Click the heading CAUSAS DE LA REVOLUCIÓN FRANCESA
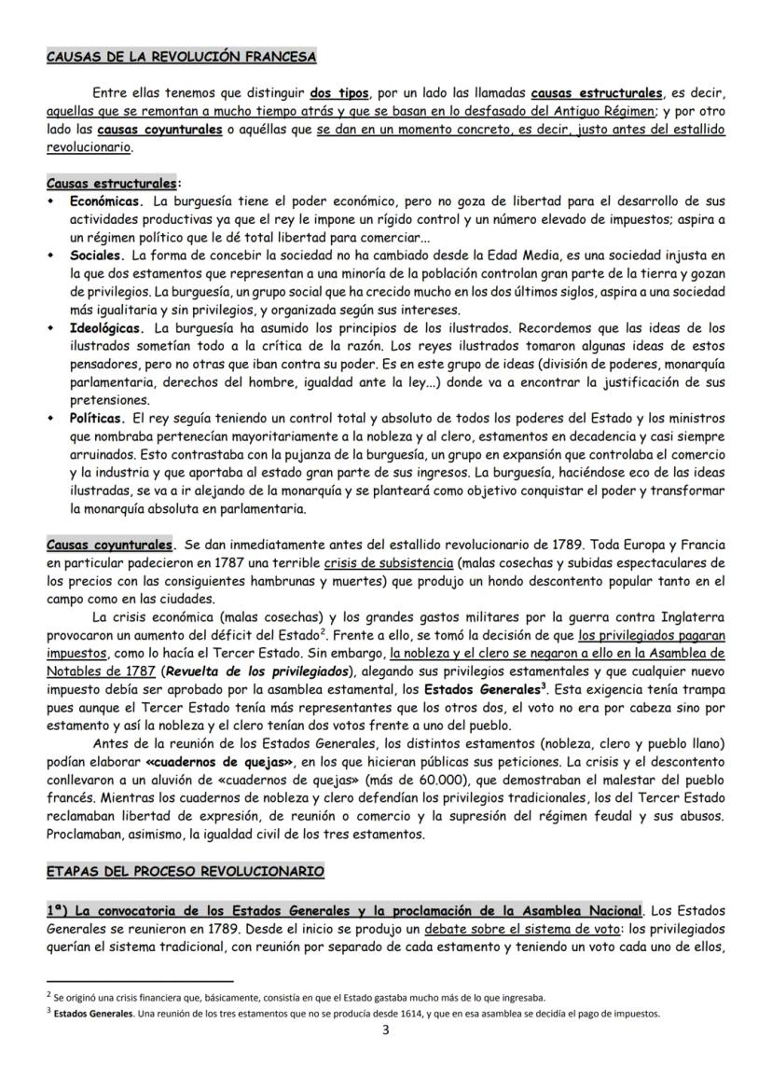tap(182, 57)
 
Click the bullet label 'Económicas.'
tap(106, 200)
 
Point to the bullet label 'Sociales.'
tap(99, 254)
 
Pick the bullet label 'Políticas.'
tap(98, 421)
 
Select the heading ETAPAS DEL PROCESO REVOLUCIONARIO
tap(186, 871)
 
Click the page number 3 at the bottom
tap(386, 1030)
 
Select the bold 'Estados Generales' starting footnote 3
tap(90, 1015)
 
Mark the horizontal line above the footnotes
tap(140, 982)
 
